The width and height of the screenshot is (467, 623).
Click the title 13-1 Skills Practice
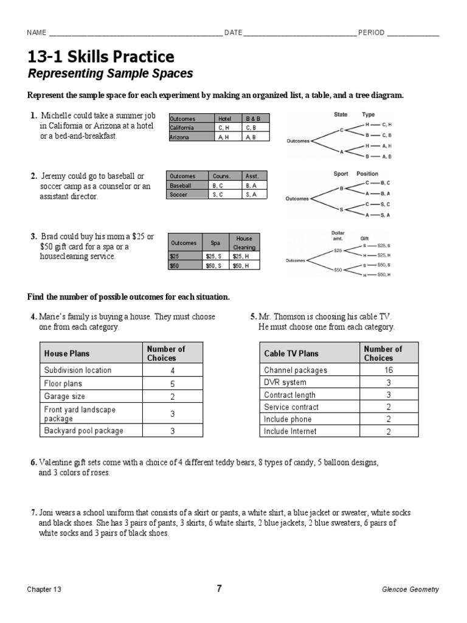[100, 57]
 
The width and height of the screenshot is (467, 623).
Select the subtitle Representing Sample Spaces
[110, 74]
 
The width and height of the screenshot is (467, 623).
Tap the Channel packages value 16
[387, 370]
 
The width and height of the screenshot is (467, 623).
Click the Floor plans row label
[63, 384]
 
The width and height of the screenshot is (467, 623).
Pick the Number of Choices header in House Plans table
[166, 353]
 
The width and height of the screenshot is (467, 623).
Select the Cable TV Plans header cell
[291, 353]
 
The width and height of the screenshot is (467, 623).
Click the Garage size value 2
[173, 397]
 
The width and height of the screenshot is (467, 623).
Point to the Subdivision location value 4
[173, 371]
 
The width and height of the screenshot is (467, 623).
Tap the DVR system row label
[285, 383]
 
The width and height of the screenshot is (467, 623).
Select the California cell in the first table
[182, 128]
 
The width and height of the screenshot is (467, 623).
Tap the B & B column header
[252, 119]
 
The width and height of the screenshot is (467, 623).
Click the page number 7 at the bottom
[220, 588]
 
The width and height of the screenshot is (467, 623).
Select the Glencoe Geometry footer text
[410, 590]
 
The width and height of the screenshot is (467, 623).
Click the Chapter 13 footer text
[44, 590]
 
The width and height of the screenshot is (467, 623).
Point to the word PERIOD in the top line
[371, 33]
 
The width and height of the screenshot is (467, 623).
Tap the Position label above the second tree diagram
[367, 173]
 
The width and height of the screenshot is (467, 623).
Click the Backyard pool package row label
[83, 431]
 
